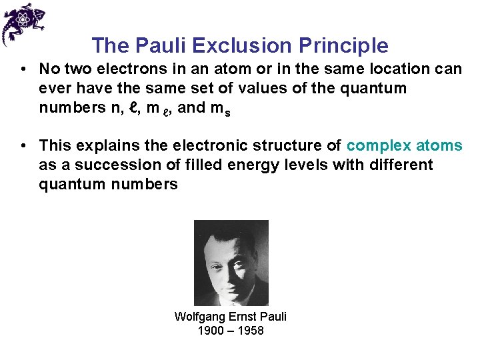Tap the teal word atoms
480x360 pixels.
439,145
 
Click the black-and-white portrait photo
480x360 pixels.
231,263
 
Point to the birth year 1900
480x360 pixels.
211,331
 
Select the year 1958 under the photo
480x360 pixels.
251,331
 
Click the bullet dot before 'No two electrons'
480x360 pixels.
23,69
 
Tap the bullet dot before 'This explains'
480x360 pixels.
23,145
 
